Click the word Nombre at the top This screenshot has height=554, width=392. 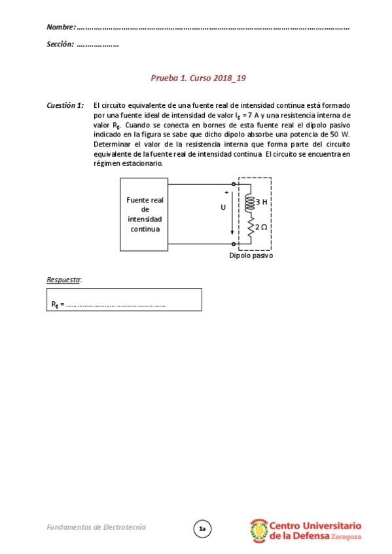click(61, 27)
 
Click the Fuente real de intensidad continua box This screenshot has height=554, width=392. click(145, 214)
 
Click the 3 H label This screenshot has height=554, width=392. click(262, 202)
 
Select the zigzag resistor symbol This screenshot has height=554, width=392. click(249, 227)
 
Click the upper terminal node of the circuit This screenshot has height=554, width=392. click(234, 184)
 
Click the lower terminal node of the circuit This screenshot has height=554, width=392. click(234, 243)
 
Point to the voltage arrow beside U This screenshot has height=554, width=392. click(230, 216)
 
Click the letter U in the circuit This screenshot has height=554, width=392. click(223, 208)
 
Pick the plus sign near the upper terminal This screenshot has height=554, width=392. click(226, 192)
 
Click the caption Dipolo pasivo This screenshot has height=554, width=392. click(251, 255)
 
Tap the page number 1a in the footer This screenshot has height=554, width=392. click(202, 529)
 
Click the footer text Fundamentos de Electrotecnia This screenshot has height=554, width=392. click(96, 527)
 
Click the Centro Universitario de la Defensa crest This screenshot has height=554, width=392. click(258, 530)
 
